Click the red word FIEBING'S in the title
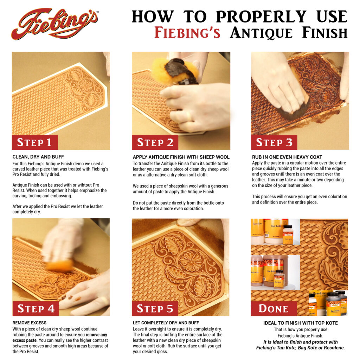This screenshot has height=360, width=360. pyautogui.click(x=187, y=33)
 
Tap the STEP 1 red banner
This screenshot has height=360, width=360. pyautogui.click(x=35, y=142)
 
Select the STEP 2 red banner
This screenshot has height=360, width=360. pyautogui.click(x=155, y=142)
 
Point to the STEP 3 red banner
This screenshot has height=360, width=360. pyautogui.click(x=274, y=142)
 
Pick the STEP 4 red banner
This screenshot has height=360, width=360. pyautogui.click(x=36, y=308)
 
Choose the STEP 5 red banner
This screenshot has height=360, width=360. pyautogui.click(x=155, y=308)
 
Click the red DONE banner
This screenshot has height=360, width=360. pyautogui.click(x=274, y=308)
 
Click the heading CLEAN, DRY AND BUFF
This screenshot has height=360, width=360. pyautogui.click(x=38, y=157)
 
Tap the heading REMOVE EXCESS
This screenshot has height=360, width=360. pyautogui.click(x=30, y=323)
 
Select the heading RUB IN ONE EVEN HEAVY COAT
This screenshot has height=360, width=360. pyautogui.click(x=287, y=157)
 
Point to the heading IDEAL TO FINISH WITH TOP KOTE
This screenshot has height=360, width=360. pyautogui.click(x=301, y=323)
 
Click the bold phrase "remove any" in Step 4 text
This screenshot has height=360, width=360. pyautogui.click(x=96, y=335)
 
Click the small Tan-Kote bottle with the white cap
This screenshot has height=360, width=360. pyautogui.click(x=288, y=234)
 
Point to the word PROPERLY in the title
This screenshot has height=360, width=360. pyautogui.click(x=261, y=17)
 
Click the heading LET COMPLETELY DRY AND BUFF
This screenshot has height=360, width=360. pyautogui.click(x=166, y=323)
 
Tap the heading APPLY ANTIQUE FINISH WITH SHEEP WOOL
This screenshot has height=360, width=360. pyautogui.click(x=181, y=157)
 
